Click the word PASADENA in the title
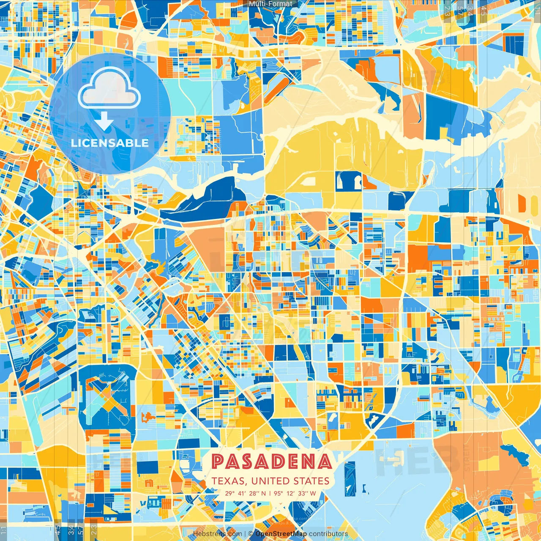271,462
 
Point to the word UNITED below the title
271,481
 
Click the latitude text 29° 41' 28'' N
246,493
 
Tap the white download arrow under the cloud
104,122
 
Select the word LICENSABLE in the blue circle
110,143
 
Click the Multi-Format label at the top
270,4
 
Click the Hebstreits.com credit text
217,534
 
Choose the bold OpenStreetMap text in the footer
281,534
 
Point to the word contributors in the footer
328,534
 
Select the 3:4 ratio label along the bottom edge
71,529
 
